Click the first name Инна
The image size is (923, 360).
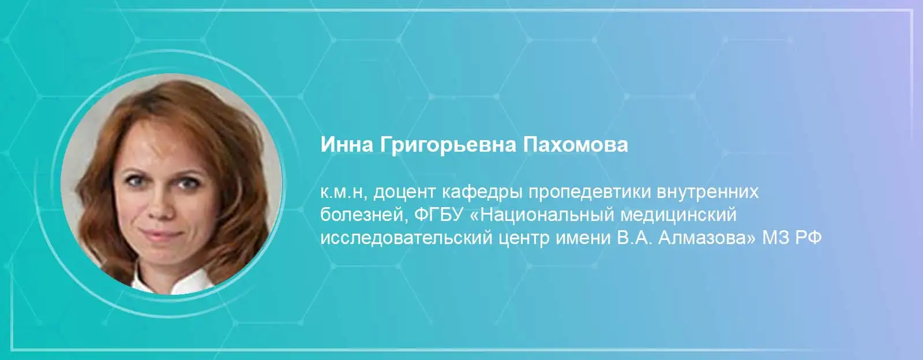[347, 145]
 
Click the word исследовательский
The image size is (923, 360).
[406, 238]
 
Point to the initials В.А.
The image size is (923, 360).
[635, 238]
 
